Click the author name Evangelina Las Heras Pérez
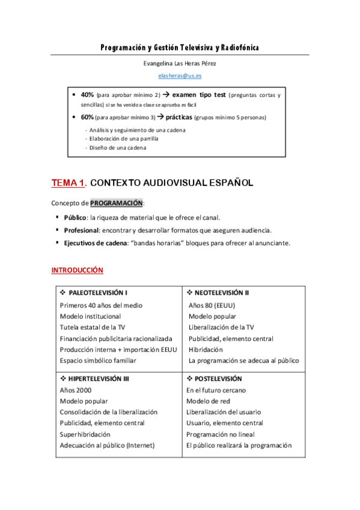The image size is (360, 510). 179,64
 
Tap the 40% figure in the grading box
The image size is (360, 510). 87,95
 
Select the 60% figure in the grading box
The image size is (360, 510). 87,117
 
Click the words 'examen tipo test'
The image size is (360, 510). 198,95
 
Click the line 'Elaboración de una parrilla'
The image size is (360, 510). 124,138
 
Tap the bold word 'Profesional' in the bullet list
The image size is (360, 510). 82,230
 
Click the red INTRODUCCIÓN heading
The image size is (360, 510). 77,271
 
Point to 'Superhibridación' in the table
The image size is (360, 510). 85,434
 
